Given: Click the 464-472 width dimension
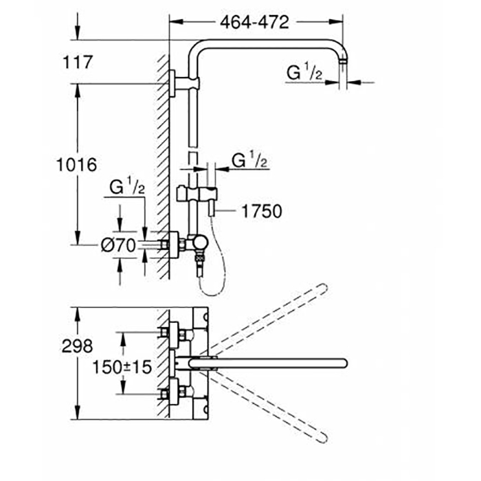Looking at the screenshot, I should point(254,22).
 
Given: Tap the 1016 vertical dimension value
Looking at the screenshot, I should point(76,165).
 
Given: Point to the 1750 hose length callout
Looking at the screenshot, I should point(261,211).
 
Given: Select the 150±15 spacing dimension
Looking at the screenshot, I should point(123,367).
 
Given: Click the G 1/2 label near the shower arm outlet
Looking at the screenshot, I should point(305,72).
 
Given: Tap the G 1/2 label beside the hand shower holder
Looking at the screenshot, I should point(249,161).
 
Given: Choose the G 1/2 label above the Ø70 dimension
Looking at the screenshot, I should point(127,187).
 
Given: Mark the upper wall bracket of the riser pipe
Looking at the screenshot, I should point(184,83).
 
